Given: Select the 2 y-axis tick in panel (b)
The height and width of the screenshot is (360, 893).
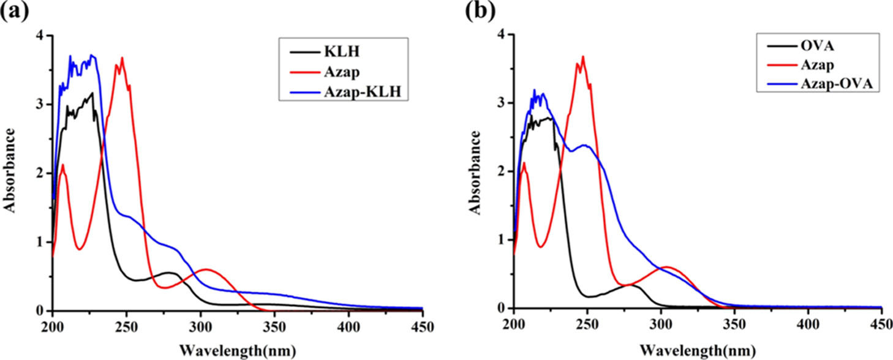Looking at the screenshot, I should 503,171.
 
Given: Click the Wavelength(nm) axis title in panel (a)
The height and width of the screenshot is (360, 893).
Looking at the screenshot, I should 238,351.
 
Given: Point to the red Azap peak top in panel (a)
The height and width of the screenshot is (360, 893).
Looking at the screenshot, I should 122,58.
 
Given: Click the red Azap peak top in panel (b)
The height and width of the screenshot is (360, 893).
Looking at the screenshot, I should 583,57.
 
